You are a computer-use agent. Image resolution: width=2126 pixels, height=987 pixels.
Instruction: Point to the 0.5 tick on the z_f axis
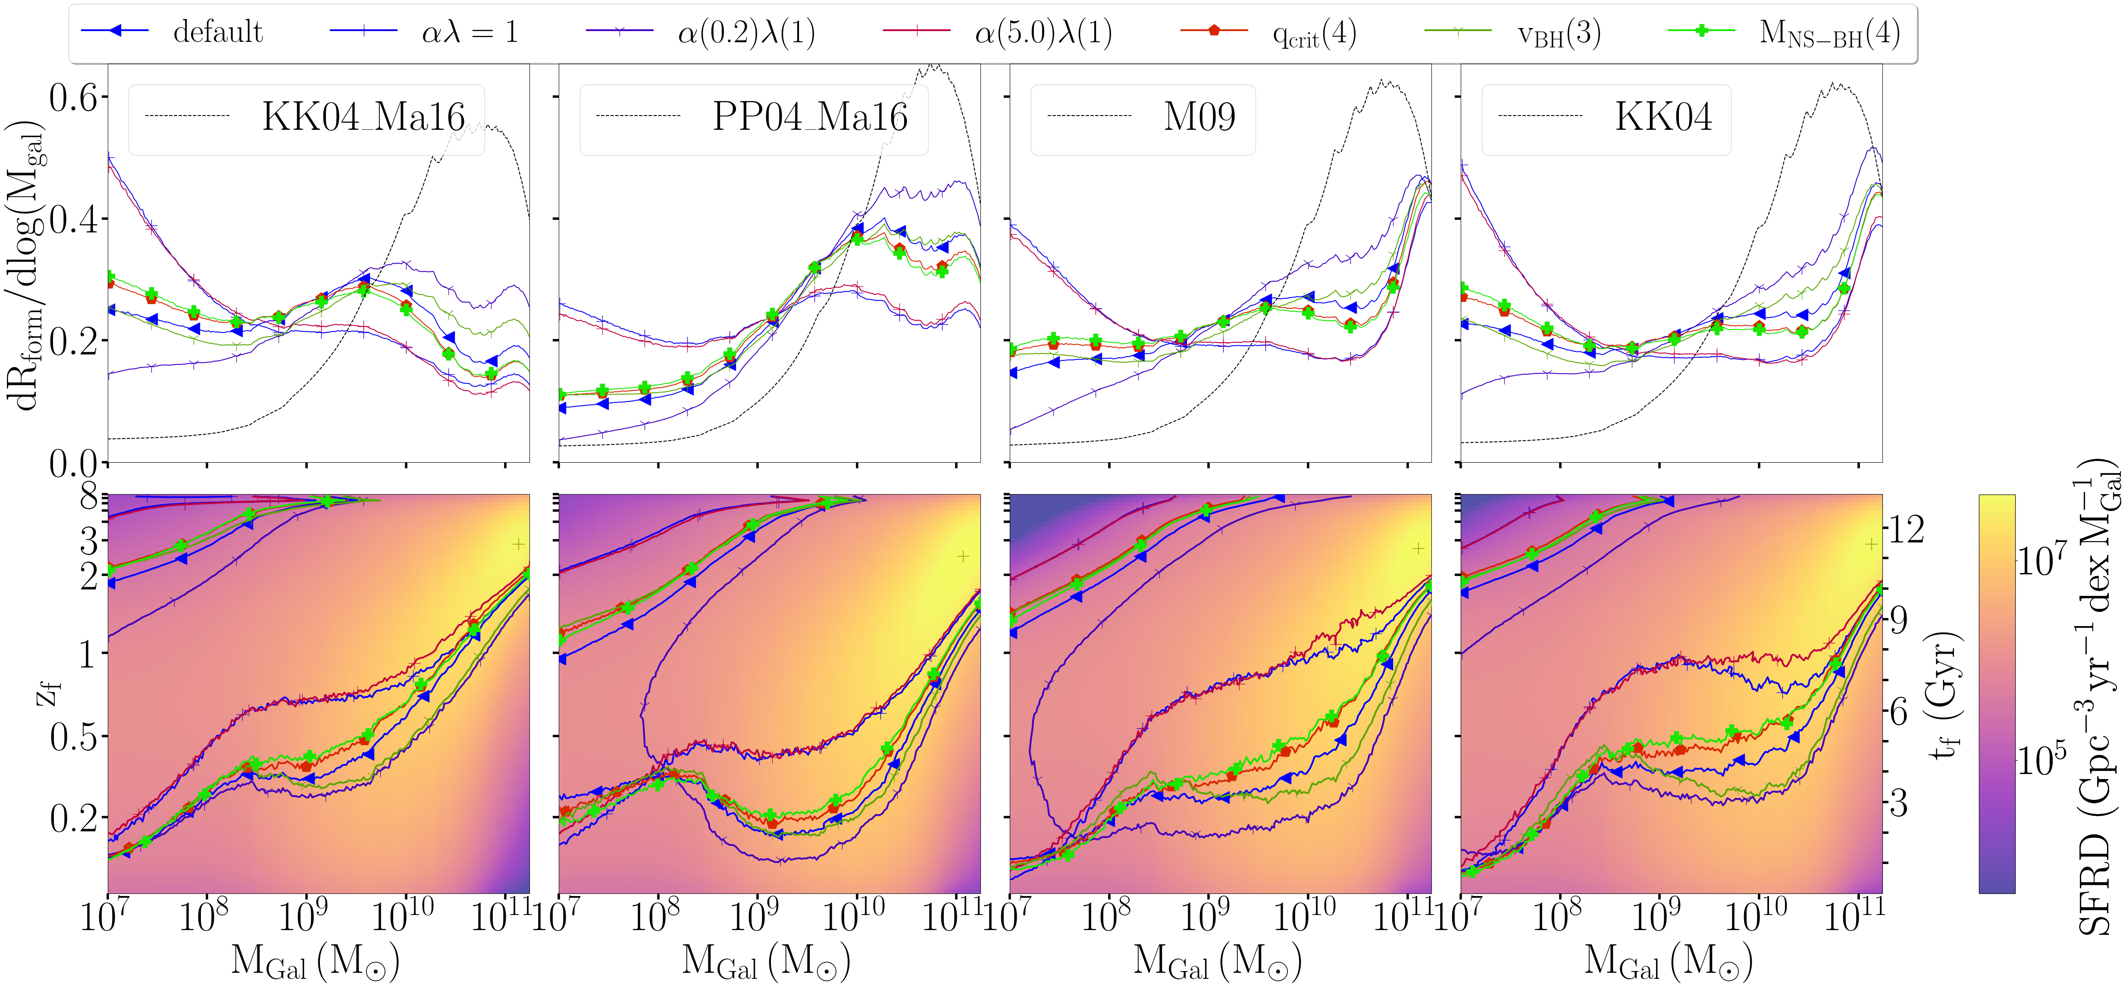72,736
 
